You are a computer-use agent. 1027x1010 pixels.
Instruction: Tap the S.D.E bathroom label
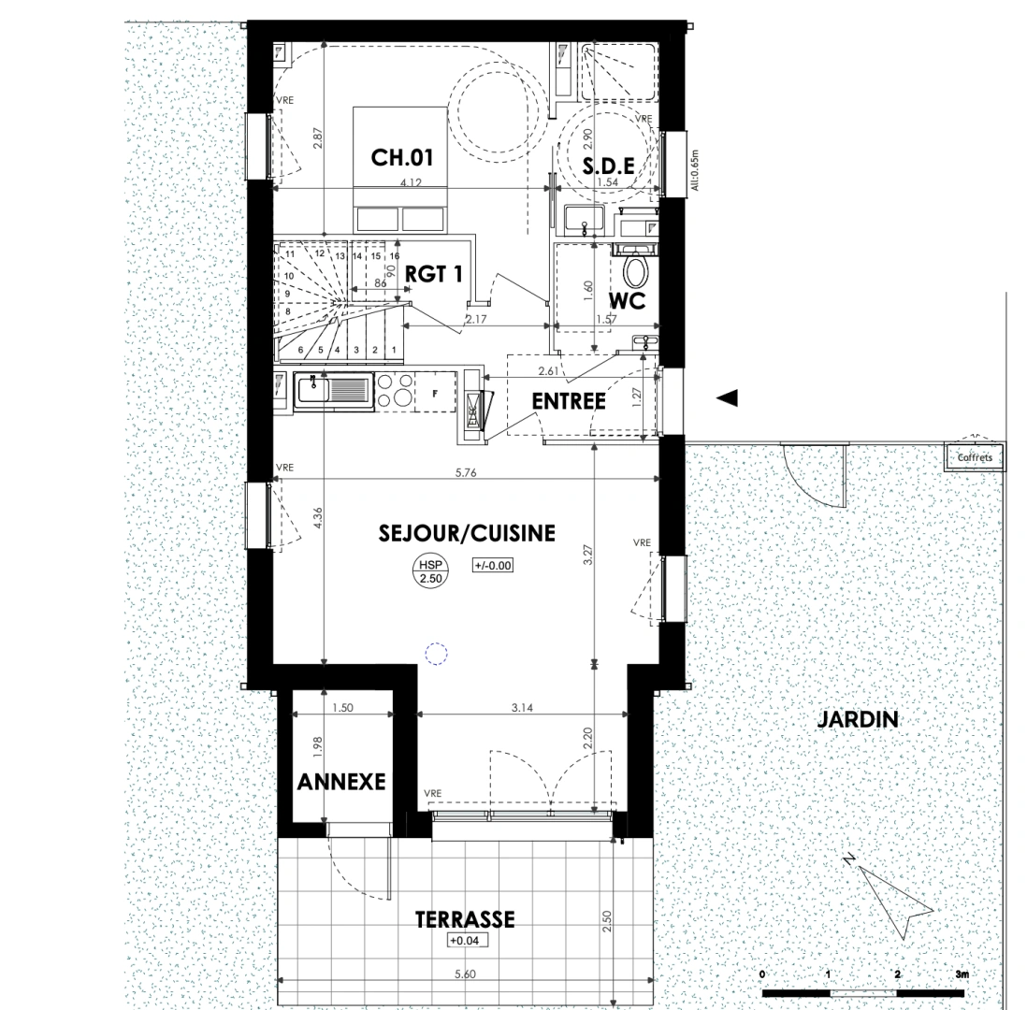coord(609,166)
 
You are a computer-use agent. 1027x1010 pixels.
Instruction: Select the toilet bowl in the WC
coord(636,273)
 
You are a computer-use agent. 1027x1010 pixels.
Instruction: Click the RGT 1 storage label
coord(434,274)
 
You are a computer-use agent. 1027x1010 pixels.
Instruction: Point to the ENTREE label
coord(569,401)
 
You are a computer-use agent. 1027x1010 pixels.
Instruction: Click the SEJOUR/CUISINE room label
coord(467,534)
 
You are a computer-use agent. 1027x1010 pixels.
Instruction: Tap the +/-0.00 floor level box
coord(494,566)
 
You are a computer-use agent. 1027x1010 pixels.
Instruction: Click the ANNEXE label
coord(341,782)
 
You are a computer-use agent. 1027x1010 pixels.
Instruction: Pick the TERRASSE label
coord(465,919)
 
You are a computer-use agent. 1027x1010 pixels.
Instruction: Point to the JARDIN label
coord(858,719)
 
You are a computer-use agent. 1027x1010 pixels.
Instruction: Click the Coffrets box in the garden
coord(975,457)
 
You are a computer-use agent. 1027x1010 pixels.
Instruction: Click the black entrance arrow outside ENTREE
coord(727,397)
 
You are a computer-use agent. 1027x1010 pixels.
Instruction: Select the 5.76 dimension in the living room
coord(466,473)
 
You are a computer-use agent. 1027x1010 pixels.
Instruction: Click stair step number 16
coord(396,255)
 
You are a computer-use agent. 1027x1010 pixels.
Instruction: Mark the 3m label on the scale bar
coord(962,975)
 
